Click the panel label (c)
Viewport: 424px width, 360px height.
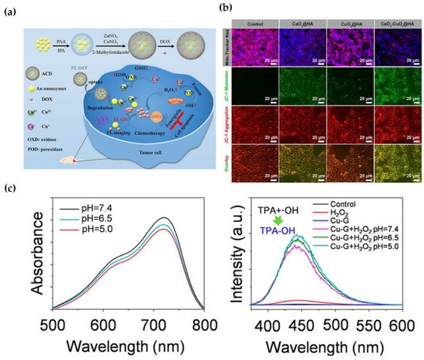[x=11, y=187]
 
